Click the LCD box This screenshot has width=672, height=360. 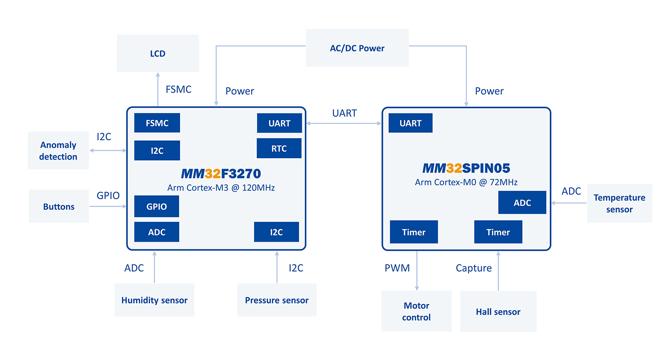[x=158, y=53]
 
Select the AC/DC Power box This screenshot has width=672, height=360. [x=357, y=48]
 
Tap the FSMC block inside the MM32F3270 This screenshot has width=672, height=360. [x=157, y=123]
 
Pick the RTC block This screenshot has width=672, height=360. [x=279, y=148]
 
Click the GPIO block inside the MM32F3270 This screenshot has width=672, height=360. [x=157, y=206]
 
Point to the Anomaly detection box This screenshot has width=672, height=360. [x=58, y=151]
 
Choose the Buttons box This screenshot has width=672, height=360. [x=59, y=207]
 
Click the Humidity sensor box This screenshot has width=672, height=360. [x=155, y=300]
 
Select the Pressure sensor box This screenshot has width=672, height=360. [x=277, y=300]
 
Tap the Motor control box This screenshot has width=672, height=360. [x=417, y=311]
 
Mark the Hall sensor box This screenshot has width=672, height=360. [x=498, y=312]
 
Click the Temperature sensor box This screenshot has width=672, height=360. [x=620, y=203]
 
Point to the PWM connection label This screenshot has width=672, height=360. [x=397, y=268]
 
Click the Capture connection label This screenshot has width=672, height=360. [x=474, y=268]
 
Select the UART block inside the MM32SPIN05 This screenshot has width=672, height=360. [x=411, y=123]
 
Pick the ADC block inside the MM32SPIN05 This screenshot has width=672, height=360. [x=522, y=203]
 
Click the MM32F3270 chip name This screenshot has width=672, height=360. [x=221, y=173]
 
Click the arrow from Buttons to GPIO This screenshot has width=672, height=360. [x=108, y=206]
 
